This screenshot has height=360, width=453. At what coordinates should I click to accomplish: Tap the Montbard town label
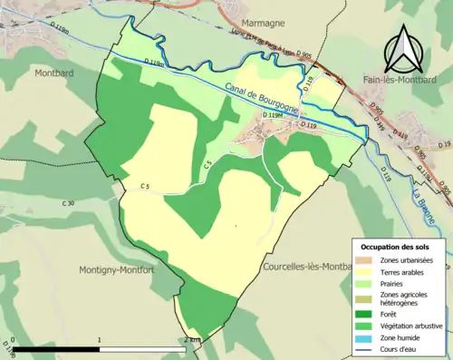tap(54, 72)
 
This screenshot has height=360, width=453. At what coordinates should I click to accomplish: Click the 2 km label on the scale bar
tap(190, 339)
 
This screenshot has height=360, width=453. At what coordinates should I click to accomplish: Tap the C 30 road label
tap(69, 203)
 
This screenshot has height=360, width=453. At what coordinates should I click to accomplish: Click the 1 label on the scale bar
tap(100, 339)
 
